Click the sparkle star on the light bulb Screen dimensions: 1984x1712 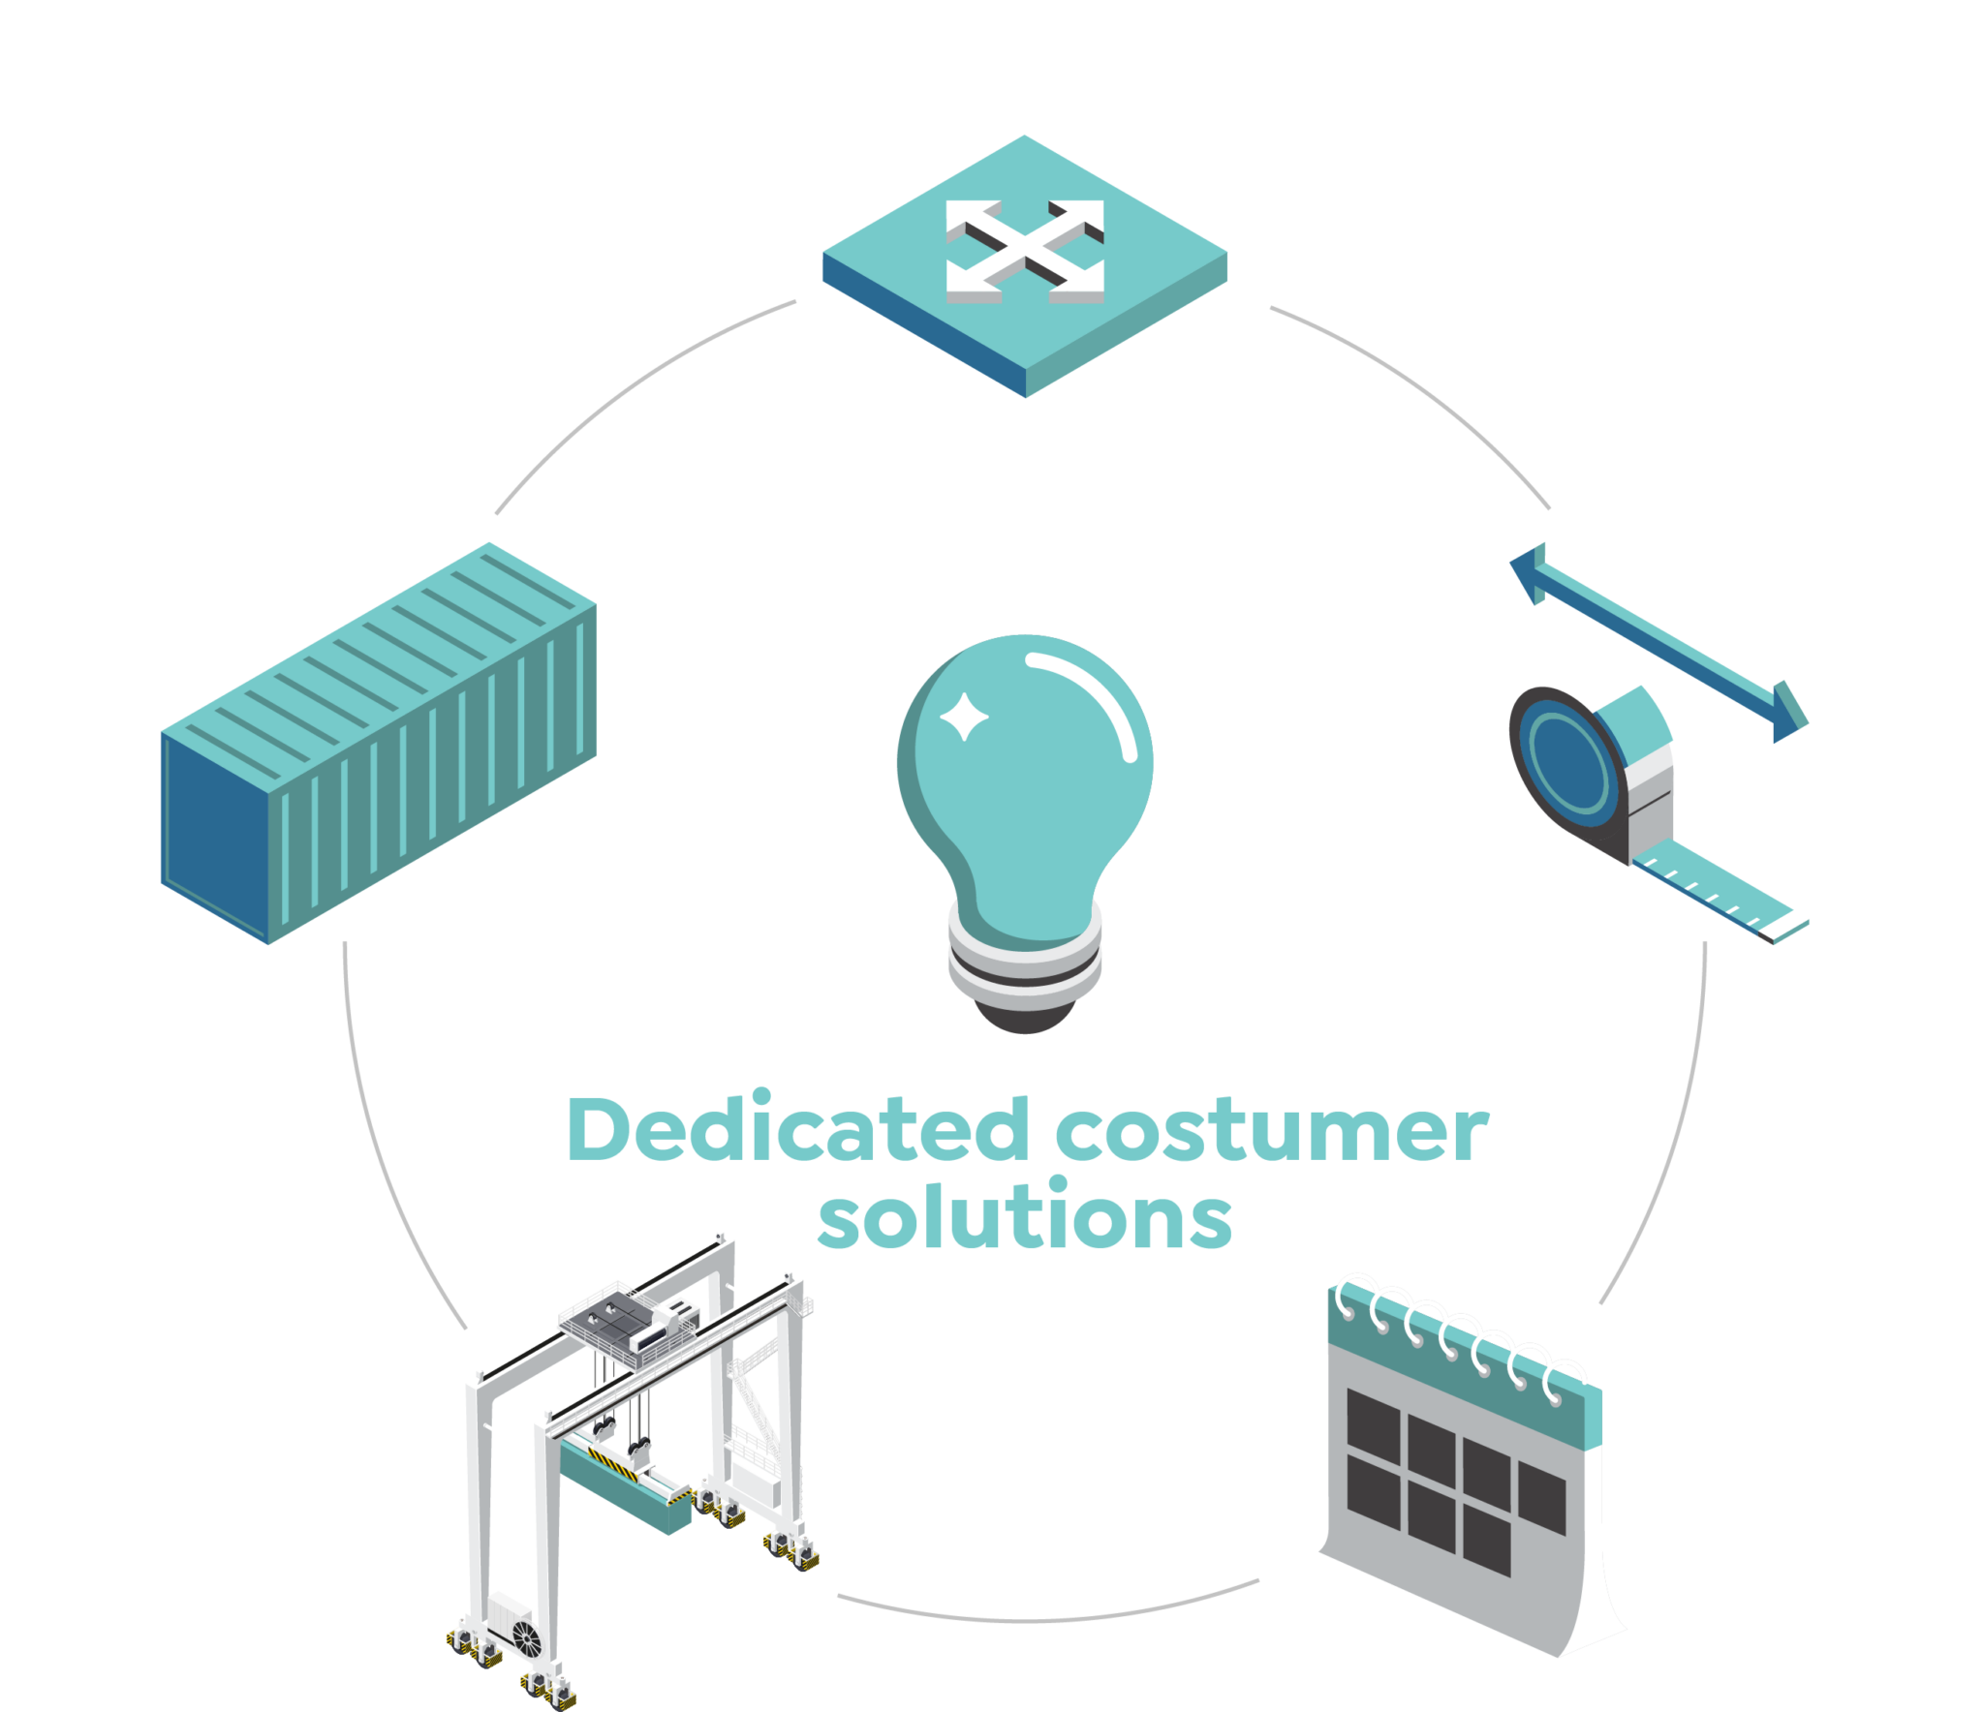pyautogui.click(x=964, y=717)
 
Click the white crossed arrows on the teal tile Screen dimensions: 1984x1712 pyautogui.click(x=1025, y=251)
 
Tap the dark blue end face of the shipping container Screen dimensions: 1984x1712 pyautogui.click(x=215, y=837)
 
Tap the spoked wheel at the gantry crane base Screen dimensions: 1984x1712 pyautogui.click(x=526, y=1638)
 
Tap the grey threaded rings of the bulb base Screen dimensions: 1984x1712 pyautogui.click(x=1025, y=959)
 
